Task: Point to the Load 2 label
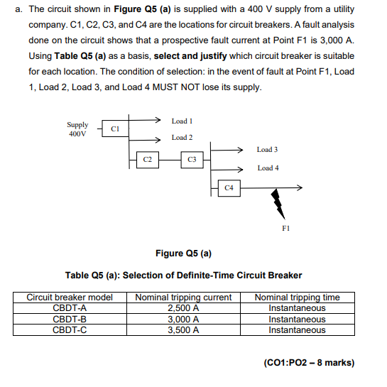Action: (x=182, y=137)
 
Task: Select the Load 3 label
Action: (x=268, y=150)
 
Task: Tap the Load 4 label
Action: (x=268, y=168)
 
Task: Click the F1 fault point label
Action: (x=285, y=229)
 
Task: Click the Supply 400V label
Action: (x=77, y=129)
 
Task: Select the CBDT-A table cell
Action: (x=70, y=308)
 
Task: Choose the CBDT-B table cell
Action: (x=70, y=320)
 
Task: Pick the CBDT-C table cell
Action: (x=70, y=330)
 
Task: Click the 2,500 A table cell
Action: (x=183, y=308)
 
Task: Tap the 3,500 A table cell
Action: (x=183, y=330)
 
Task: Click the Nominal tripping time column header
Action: (x=297, y=298)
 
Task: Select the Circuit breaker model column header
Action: (x=70, y=298)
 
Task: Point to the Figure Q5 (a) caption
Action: (x=183, y=254)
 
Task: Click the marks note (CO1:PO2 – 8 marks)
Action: (x=309, y=363)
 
